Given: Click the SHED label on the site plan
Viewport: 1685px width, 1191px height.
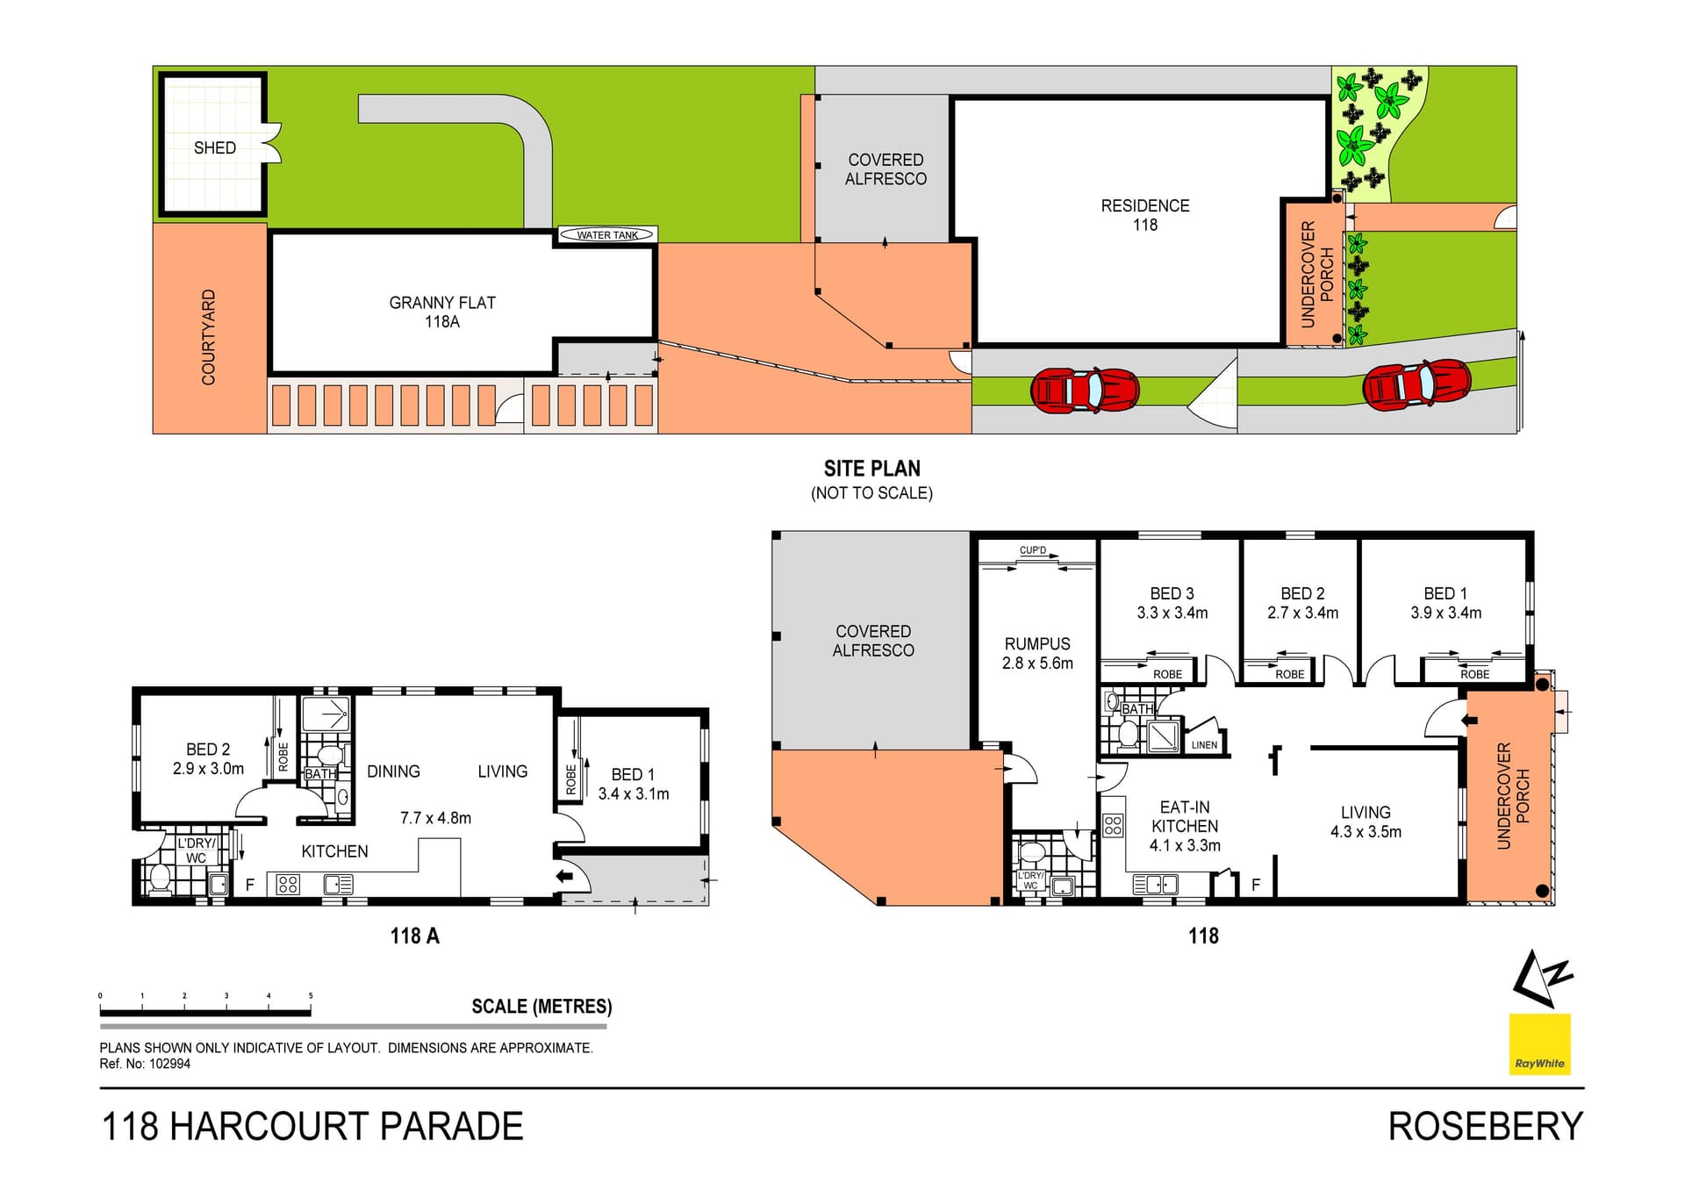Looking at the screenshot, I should tap(214, 147).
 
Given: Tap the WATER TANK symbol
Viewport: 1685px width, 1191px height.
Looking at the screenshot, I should tap(607, 234).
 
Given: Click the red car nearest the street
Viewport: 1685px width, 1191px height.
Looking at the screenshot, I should tap(1416, 384).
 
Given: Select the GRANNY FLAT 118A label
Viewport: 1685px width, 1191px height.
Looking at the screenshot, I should tap(442, 312).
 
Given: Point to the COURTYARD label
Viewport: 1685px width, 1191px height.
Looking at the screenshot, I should tap(208, 337).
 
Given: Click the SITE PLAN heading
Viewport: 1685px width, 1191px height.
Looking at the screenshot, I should tap(871, 469).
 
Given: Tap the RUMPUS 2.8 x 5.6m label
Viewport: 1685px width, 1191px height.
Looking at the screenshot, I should tap(1037, 653).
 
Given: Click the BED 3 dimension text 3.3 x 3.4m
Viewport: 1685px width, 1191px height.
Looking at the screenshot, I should tap(1172, 613).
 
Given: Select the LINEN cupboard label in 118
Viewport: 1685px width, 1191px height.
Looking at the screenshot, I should tap(1204, 745).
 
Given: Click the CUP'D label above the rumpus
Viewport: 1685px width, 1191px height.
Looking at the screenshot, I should tap(1033, 550).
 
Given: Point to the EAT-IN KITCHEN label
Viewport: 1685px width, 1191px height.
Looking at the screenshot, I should tap(1185, 816).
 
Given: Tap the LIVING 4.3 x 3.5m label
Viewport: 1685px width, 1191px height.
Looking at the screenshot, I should tap(1366, 822).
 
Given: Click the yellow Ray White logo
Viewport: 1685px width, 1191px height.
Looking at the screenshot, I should tap(1539, 1044).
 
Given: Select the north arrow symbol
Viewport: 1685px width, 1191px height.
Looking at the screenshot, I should tap(1541, 978).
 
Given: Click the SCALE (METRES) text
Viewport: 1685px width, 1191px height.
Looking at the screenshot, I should tap(541, 1007).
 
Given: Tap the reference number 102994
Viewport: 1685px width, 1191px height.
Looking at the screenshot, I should tap(169, 1064).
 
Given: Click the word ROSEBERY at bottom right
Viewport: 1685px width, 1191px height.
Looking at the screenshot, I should tap(1485, 1127).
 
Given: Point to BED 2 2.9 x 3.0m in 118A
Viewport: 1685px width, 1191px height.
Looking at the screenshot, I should tap(208, 759).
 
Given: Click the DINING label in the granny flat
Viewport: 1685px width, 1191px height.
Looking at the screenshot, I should tap(393, 771).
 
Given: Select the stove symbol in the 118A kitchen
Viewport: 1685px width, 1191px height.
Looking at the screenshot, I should tap(288, 885).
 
